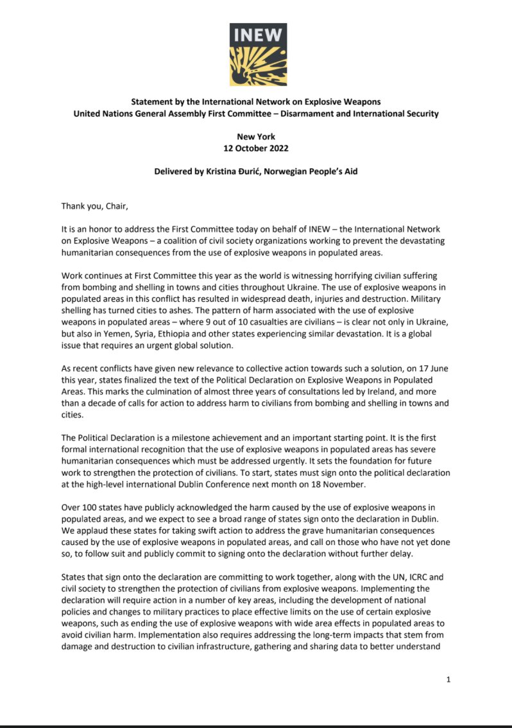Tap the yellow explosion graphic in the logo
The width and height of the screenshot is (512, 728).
point(258,65)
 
